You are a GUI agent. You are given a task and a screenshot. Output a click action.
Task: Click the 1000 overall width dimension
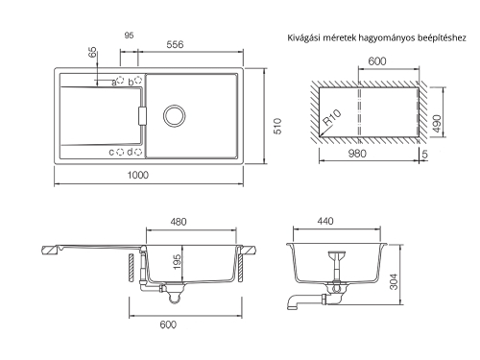pyautogui.click(x=138, y=175)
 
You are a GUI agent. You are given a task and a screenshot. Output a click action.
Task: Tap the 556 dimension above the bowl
pyautogui.click(x=175, y=44)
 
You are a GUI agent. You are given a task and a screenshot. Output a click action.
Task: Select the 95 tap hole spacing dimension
pyautogui.click(x=129, y=36)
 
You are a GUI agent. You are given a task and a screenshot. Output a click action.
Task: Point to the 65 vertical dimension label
pyautogui.click(x=92, y=52)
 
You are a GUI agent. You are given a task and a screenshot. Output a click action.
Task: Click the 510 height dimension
pyautogui.click(x=277, y=126)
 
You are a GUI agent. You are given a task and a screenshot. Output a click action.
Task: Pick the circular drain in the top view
pyautogui.click(x=175, y=115)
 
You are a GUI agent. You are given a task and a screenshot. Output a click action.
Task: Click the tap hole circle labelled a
pyautogui.click(x=120, y=80)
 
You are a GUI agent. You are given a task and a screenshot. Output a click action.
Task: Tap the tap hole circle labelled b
pyautogui.click(x=138, y=80)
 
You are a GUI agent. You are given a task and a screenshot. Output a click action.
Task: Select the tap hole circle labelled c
pyautogui.click(x=120, y=152)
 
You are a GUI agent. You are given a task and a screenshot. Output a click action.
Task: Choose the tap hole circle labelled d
pyautogui.click(x=138, y=152)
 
